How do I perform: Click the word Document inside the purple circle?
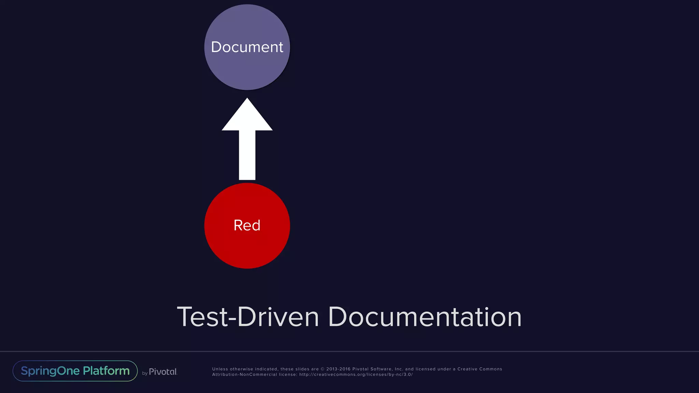pos(247,47)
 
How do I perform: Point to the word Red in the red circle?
pos(247,225)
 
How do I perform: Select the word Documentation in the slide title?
pos(425,317)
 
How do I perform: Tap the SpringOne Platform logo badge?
pos(75,371)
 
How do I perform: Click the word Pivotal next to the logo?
pos(163,372)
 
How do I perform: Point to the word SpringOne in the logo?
pos(50,371)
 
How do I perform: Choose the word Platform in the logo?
pos(106,371)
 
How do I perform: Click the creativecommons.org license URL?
pos(356,375)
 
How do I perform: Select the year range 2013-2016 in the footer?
pos(338,369)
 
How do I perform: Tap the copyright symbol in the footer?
pos(323,369)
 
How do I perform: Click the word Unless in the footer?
pos(220,369)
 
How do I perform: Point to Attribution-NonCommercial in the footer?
pos(244,375)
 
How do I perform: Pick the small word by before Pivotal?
pos(145,373)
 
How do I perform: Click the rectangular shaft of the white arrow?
pos(247,155)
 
